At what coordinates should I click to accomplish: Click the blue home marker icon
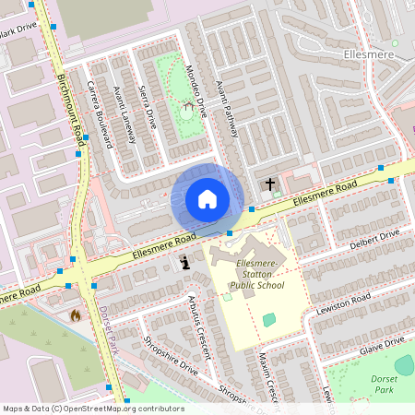coord(207,198)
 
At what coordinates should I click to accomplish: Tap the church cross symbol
coord(270,184)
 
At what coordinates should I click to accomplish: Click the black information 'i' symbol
coord(186,263)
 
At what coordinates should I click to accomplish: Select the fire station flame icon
coord(76,314)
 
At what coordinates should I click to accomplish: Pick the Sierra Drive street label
coord(146,109)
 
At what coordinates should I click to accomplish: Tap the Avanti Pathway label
coord(228,106)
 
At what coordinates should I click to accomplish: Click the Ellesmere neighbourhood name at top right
coord(367,55)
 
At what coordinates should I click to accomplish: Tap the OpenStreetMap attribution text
coord(93,408)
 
